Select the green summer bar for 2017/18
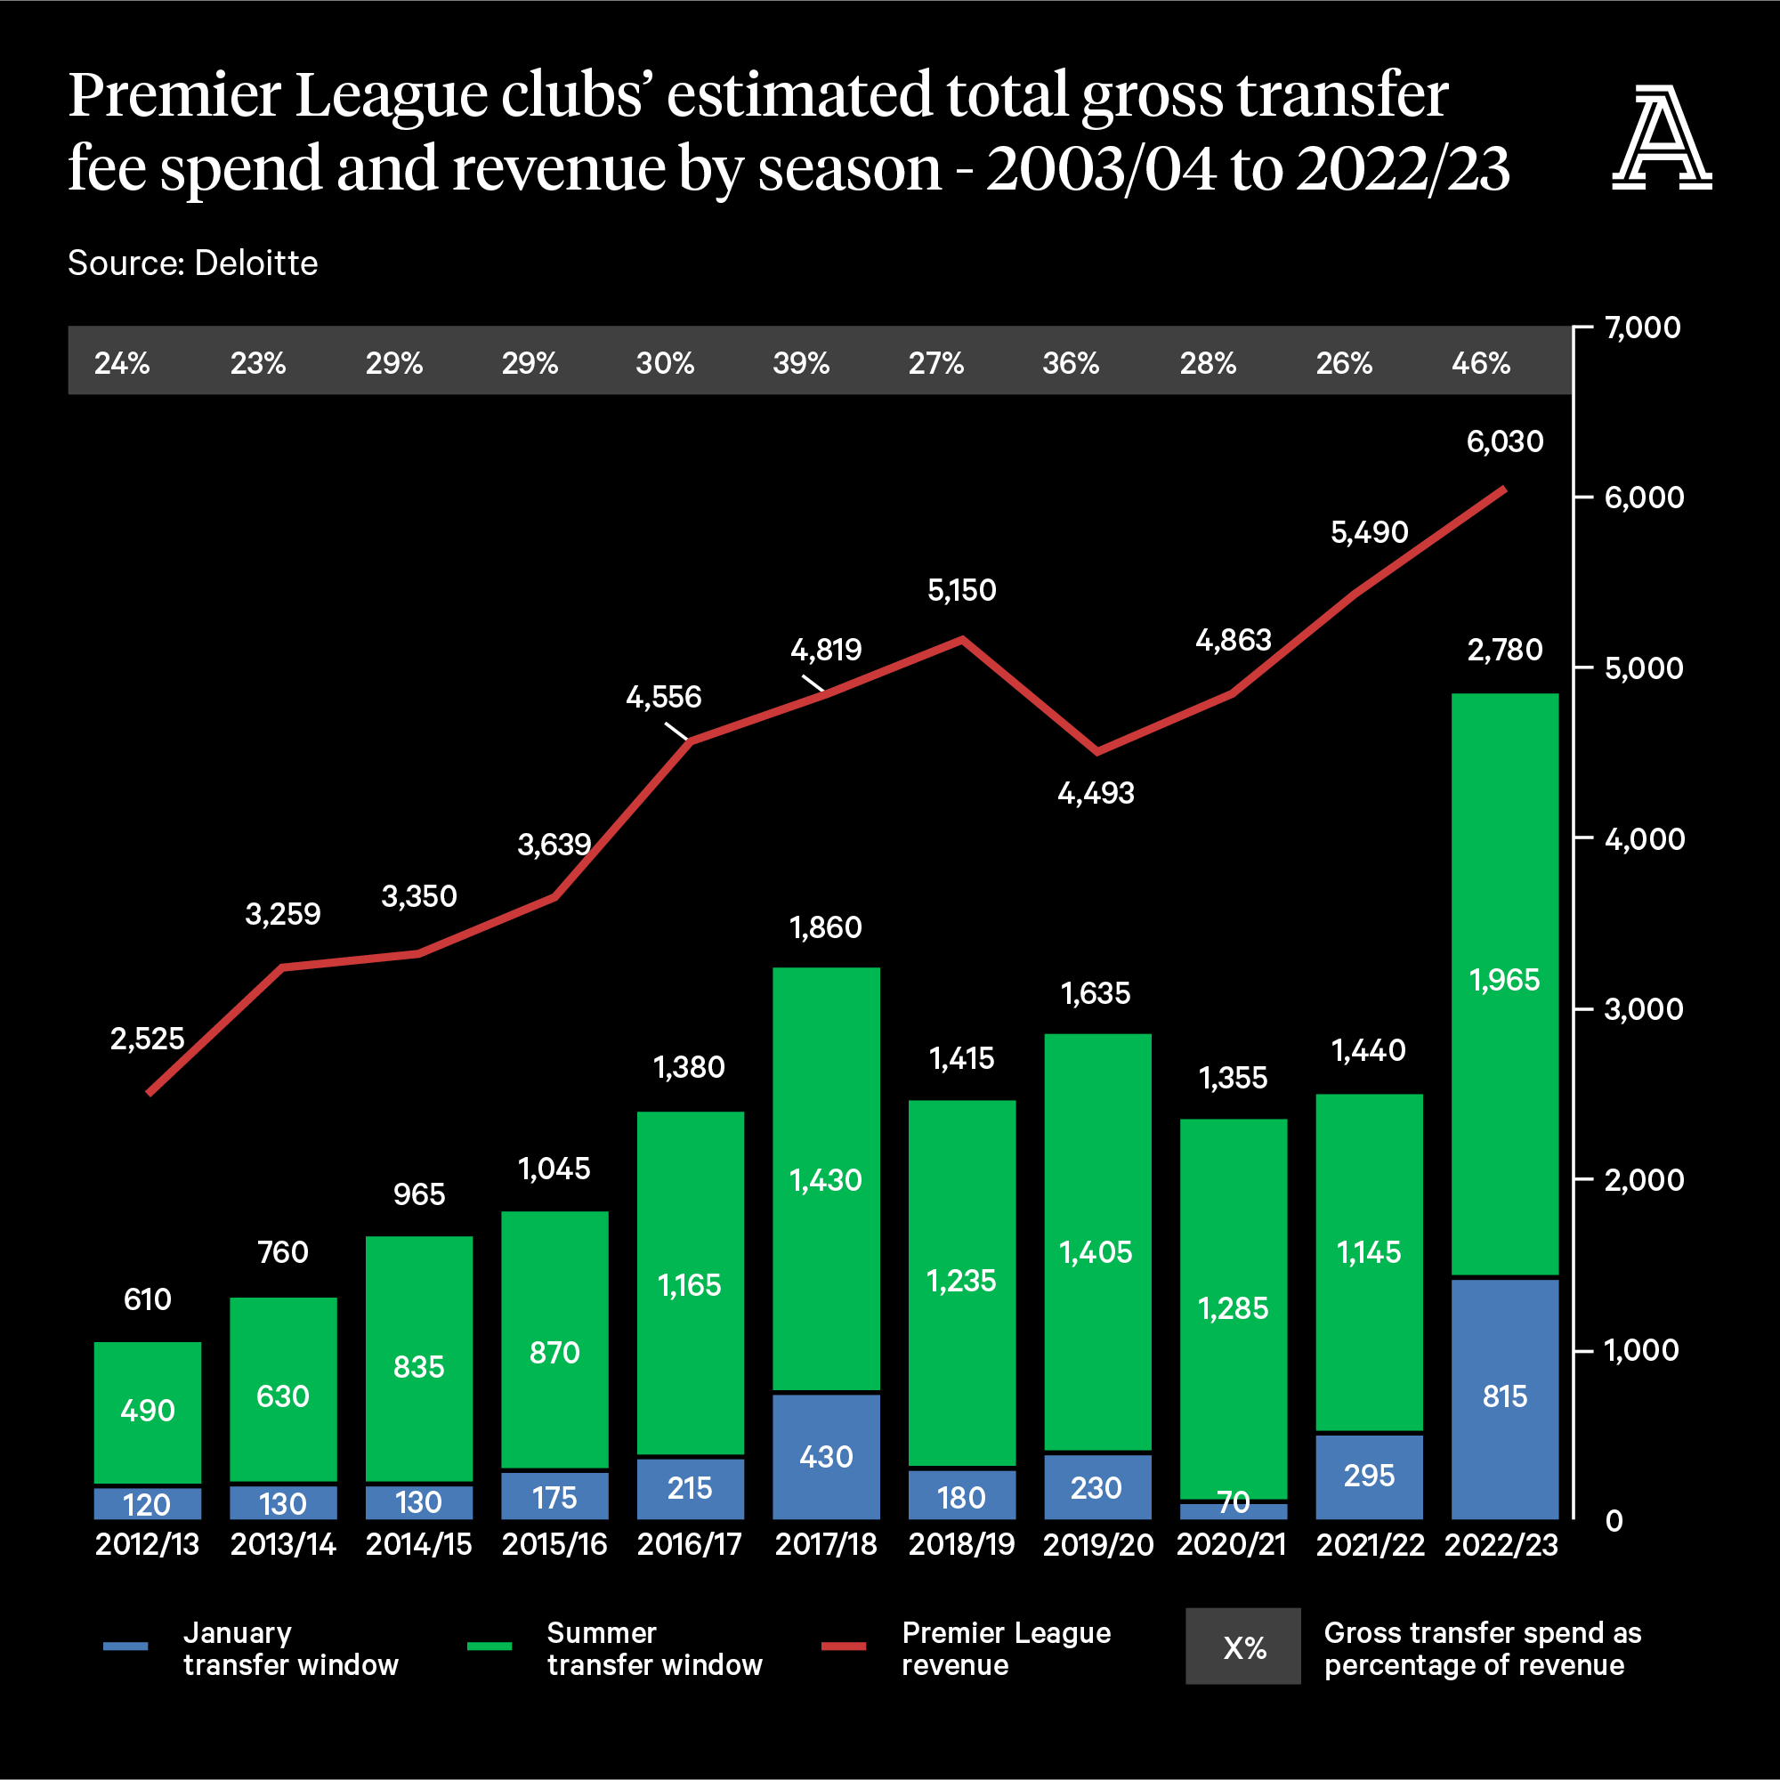826,1179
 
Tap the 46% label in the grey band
1481,363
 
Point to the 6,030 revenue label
1504,441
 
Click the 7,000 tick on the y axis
1642,327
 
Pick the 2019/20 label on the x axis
1097,1544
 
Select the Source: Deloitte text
192,263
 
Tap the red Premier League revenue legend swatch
843,1646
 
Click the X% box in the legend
1242,1646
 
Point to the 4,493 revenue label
1096,792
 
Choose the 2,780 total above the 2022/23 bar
1504,651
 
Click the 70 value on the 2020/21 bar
1234,1502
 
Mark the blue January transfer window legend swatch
125,1646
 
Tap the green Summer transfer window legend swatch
489,1646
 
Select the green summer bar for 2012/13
148,1412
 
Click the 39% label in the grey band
801,363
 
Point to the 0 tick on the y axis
1614,1521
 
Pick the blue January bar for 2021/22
1369,1476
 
